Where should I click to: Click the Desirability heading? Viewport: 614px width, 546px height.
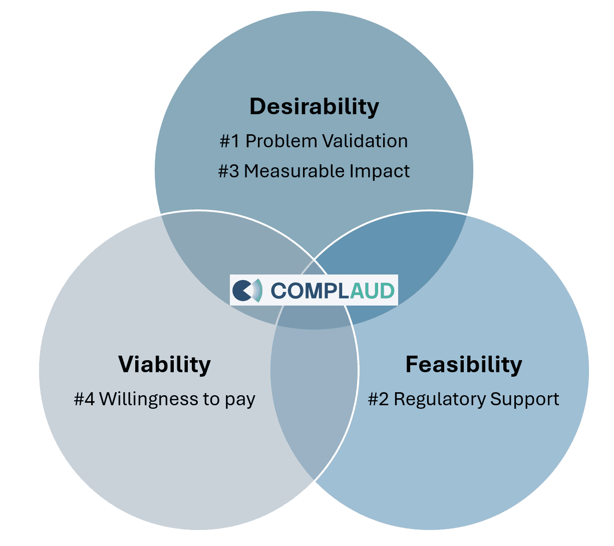point(314,107)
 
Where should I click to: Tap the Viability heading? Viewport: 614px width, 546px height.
point(164,364)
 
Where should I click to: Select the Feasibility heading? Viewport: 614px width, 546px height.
point(463,364)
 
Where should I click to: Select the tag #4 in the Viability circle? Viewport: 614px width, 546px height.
point(84,399)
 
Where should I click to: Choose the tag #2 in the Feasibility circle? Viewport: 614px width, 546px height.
point(378,399)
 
